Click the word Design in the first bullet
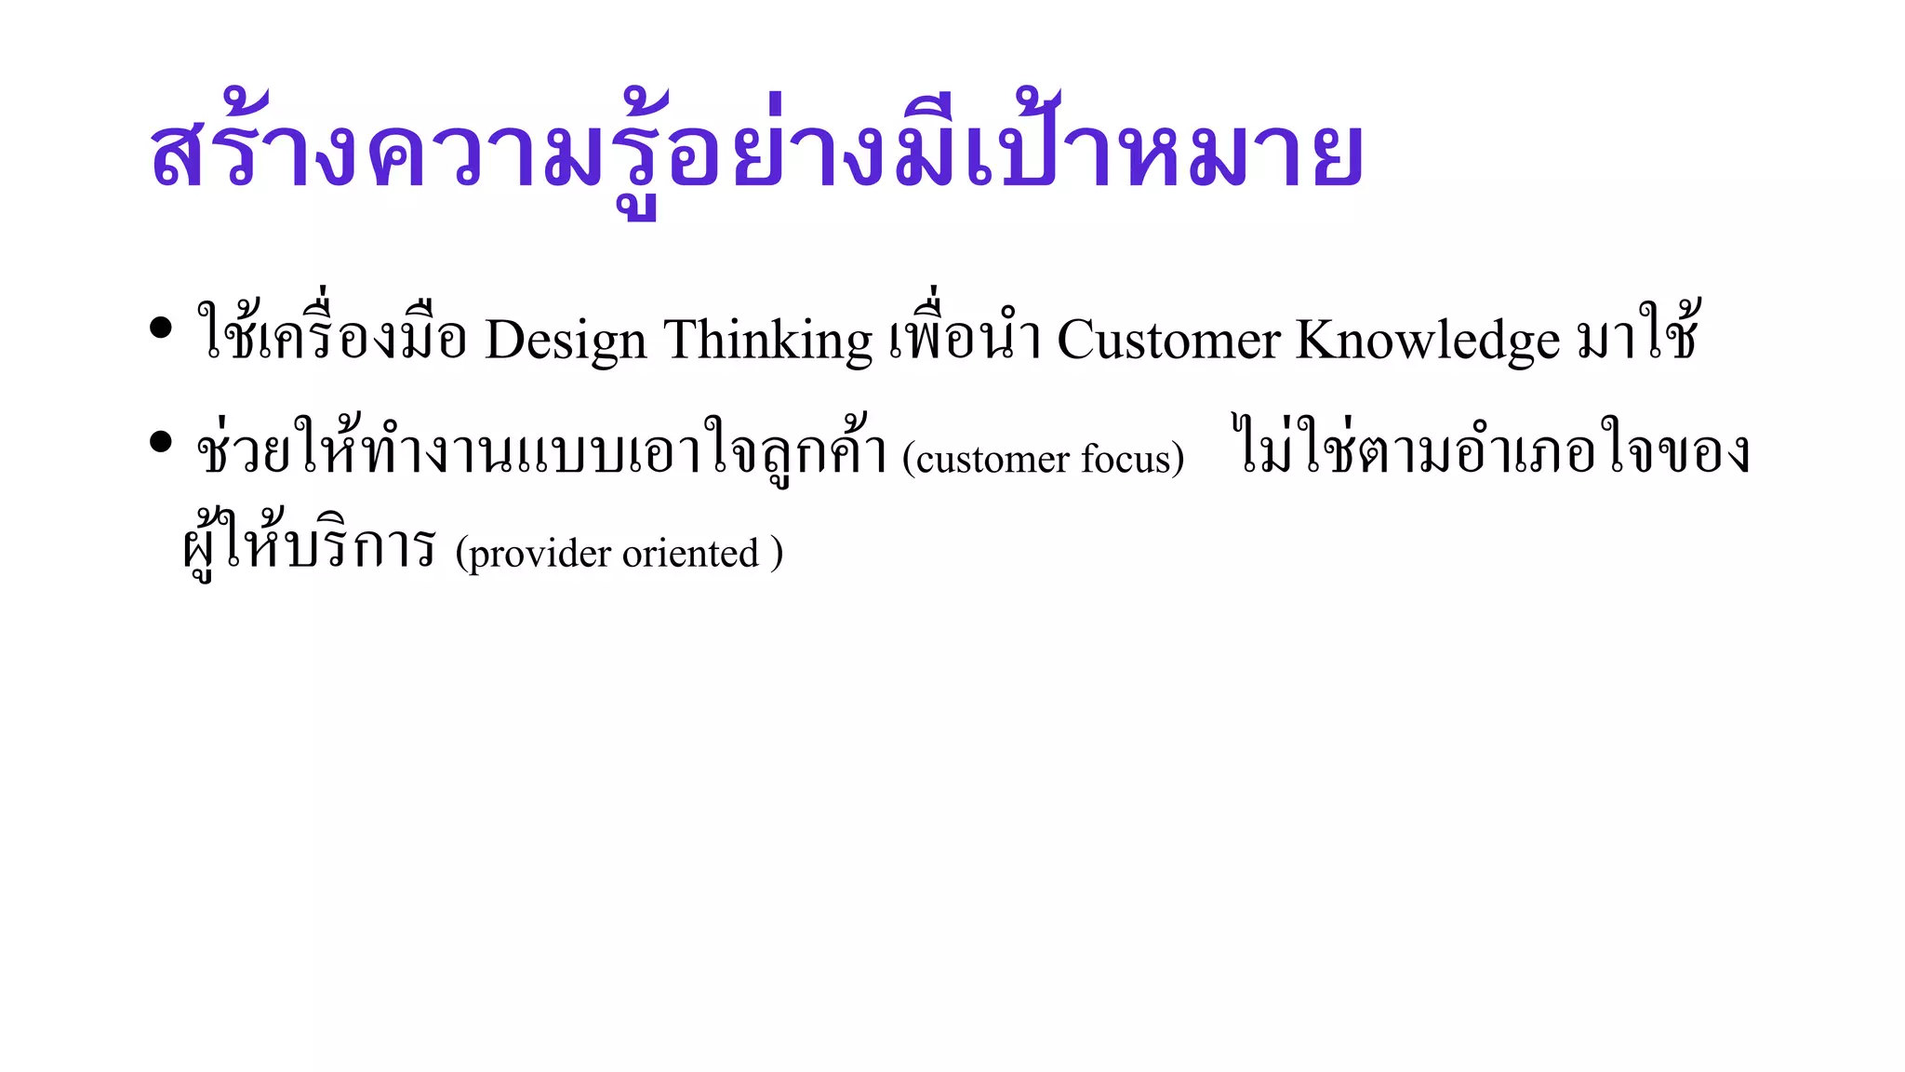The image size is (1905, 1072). (x=566, y=341)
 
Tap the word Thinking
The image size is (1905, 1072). (x=767, y=341)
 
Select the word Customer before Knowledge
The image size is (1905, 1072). (x=1168, y=341)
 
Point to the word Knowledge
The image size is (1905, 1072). (x=1427, y=341)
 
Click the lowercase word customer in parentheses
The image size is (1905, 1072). (x=992, y=459)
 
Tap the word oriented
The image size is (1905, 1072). (x=690, y=554)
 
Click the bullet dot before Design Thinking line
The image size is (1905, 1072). (x=161, y=328)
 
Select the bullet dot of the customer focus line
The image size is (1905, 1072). (x=161, y=442)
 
